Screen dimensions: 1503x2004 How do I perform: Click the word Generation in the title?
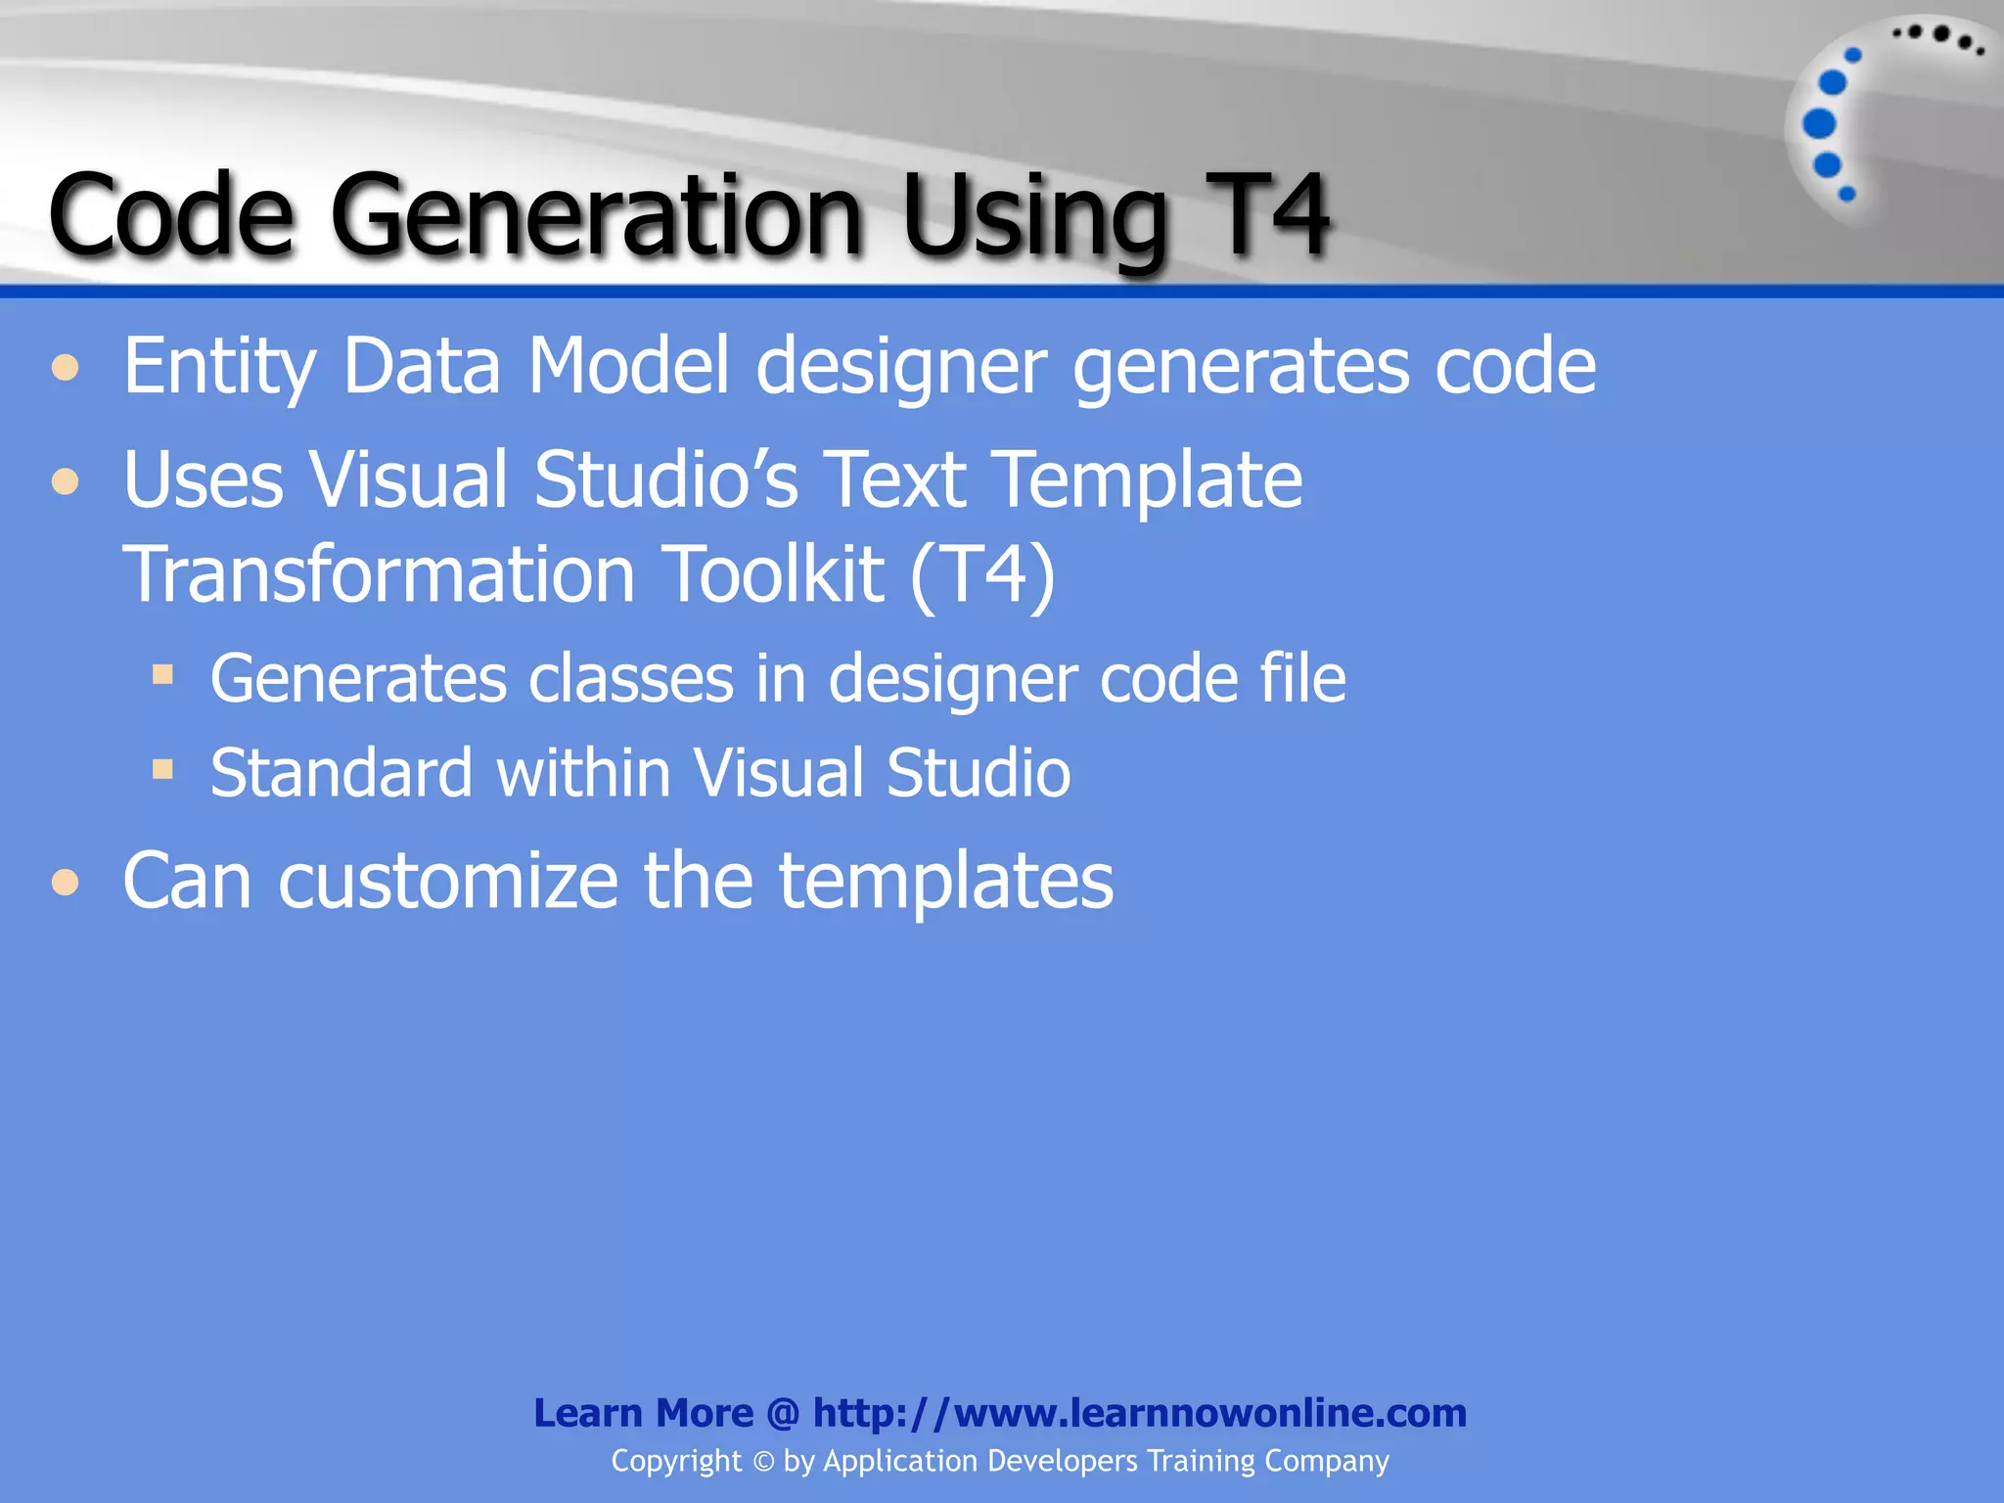tap(597, 217)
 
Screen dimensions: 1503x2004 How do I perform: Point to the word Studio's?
tap(666, 479)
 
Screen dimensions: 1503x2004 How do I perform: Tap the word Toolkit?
tap(774, 574)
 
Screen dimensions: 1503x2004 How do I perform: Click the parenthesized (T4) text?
tap(982, 574)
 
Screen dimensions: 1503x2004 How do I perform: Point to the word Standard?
tap(342, 773)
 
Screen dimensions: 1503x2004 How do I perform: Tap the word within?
tap(583, 773)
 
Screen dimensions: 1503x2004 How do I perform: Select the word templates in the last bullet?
tap(945, 881)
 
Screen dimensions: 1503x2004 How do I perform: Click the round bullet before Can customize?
tap(66, 882)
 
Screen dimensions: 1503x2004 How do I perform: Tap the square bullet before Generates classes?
tap(162, 674)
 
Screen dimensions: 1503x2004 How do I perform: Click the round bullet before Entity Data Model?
tap(66, 369)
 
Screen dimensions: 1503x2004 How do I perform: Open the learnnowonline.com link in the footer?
tap(1139, 1413)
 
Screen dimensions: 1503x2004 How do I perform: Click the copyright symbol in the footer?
tap(763, 1462)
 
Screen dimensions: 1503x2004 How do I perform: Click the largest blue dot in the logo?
tap(1819, 123)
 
